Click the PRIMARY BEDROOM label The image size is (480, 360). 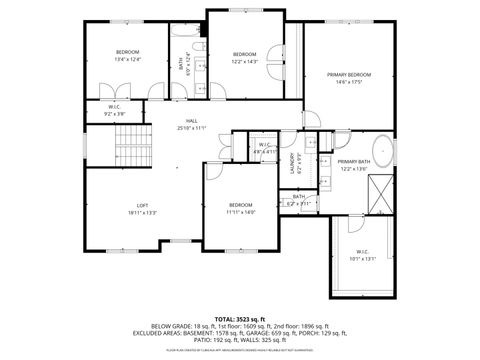click(x=348, y=75)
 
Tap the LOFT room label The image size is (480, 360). click(x=142, y=205)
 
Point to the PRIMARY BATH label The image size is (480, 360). click(x=353, y=161)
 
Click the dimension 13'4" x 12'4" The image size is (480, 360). click(x=127, y=59)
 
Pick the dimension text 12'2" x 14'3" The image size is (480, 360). click(x=245, y=61)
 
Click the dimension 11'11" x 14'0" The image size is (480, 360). click(x=240, y=212)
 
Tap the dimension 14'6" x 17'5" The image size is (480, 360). click(x=348, y=82)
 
